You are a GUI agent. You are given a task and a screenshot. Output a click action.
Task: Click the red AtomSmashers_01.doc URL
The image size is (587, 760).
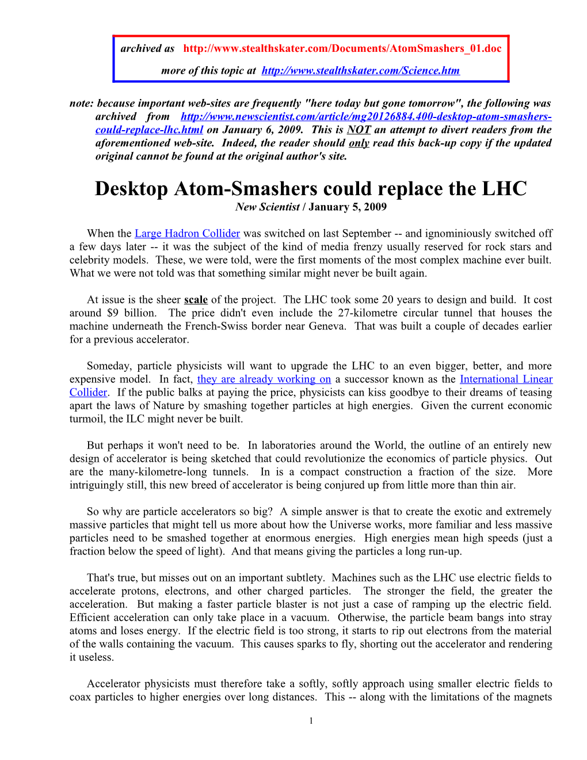point(342,48)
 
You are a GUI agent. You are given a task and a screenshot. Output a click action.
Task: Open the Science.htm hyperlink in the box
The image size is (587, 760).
point(360,71)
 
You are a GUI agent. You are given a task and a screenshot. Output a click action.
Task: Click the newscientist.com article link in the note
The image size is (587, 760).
point(366,117)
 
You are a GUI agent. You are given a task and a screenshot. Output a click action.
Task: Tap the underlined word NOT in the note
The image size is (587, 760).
point(359,130)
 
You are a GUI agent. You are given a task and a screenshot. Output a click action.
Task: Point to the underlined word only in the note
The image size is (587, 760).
point(359,143)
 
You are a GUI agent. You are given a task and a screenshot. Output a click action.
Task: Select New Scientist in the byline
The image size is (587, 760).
point(267,207)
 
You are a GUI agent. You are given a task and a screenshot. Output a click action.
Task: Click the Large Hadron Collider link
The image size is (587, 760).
point(187,234)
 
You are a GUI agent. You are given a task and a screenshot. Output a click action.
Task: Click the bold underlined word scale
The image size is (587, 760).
point(196,300)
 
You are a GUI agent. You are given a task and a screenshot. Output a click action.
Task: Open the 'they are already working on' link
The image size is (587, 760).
point(264,379)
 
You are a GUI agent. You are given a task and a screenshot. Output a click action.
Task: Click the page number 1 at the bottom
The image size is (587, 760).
point(311,721)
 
